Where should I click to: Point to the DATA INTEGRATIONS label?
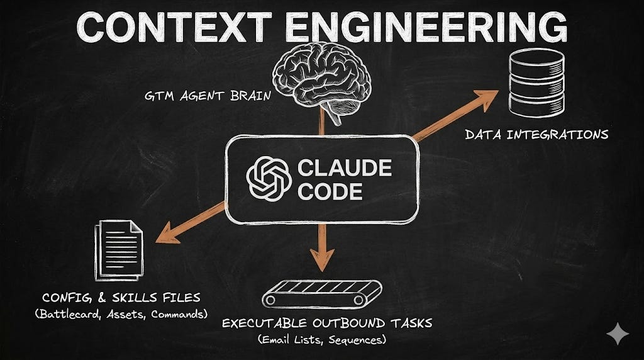[x=536, y=134]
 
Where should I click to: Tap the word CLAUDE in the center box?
[x=345, y=168]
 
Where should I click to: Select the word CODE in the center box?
[x=330, y=191]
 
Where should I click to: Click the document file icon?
[x=119, y=250]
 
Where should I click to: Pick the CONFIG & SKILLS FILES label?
[x=121, y=296]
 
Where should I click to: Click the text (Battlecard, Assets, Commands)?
[x=121, y=314]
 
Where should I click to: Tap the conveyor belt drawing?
[x=321, y=294]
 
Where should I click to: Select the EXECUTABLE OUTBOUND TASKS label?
[x=326, y=323]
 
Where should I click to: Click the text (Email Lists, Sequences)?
[x=322, y=340]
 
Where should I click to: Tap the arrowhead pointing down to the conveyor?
[x=323, y=258]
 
